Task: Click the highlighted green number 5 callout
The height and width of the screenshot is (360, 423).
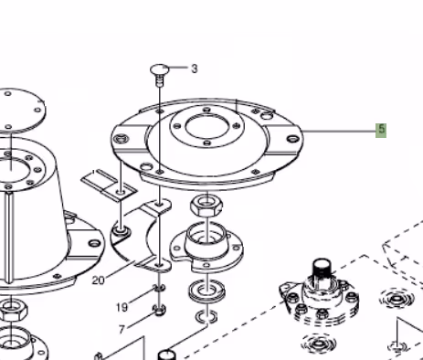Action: tap(381, 131)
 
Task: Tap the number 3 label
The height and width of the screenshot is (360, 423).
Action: tap(195, 69)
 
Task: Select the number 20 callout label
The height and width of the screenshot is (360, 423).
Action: tap(99, 280)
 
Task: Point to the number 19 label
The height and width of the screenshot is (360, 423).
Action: tap(122, 307)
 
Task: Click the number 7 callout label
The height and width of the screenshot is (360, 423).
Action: tap(122, 329)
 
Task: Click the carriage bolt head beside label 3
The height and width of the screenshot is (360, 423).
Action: tap(159, 69)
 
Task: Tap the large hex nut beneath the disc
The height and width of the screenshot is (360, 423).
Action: tap(206, 206)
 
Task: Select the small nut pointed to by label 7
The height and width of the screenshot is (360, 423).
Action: tap(159, 310)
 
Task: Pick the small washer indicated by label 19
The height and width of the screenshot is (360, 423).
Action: tap(159, 288)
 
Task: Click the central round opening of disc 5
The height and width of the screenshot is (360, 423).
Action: tap(206, 128)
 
